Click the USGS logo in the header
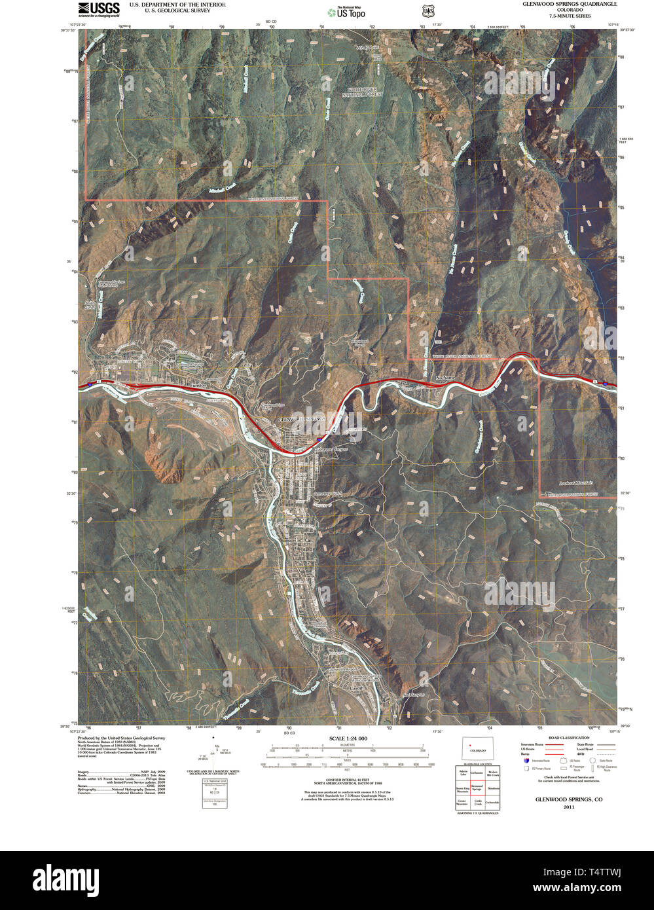99,9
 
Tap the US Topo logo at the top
347,12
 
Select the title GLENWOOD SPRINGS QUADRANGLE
569,4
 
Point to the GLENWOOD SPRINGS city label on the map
302,419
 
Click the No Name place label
445,378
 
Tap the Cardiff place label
357,689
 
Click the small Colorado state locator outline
477,750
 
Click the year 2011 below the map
568,807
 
